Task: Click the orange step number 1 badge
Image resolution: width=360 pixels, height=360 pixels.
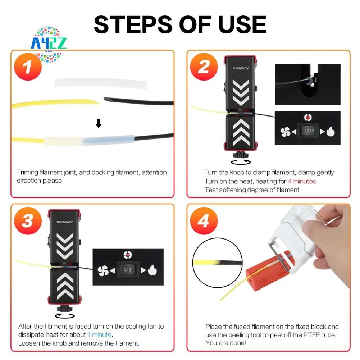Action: pos(28,67)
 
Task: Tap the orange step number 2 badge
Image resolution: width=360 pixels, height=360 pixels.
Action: pos(203,67)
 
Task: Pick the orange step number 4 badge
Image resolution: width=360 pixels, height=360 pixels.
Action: pos(203,221)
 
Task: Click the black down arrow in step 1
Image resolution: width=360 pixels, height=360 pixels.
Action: pos(98,124)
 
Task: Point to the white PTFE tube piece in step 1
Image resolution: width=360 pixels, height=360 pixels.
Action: pos(101,83)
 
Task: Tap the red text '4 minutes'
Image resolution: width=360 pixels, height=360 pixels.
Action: pos(302,181)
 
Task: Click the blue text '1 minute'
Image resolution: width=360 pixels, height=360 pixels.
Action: pos(100,335)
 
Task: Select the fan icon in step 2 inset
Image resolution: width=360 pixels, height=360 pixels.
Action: pos(285,132)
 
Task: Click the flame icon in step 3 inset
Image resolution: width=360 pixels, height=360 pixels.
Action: pos(152,270)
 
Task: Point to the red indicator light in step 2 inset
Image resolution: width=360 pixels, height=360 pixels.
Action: pos(307,117)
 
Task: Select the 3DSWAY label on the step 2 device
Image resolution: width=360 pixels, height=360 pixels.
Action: pos(240,67)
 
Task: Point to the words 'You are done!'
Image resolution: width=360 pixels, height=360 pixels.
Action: pos(226,343)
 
